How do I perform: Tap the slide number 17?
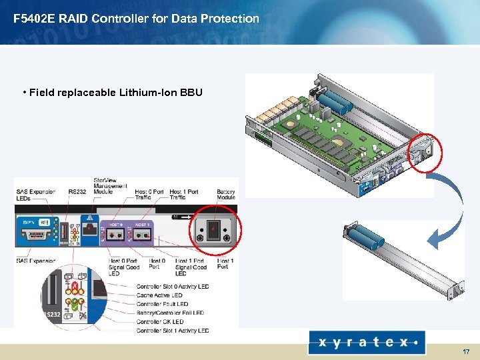[x=465, y=350]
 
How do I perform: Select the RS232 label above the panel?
[x=77, y=192]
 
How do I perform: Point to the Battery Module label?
[x=226, y=195]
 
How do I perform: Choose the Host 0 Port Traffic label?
[x=149, y=195]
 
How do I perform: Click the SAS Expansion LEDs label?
[x=31, y=195]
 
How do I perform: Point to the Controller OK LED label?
[x=160, y=321]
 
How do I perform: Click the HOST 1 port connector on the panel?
[x=141, y=235]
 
